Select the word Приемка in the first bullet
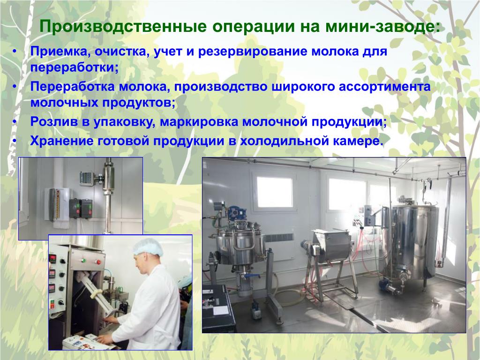(x=58, y=51)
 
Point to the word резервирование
(x=253, y=52)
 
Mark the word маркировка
(x=199, y=122)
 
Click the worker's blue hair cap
(x=148, y=247)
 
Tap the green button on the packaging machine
(x=83, y=261)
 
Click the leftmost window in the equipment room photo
(x=274, y=192)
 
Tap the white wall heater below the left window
(x=278, y=238)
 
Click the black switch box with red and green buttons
(x=81, y=209)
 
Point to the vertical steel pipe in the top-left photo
(x=108, y=196)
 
